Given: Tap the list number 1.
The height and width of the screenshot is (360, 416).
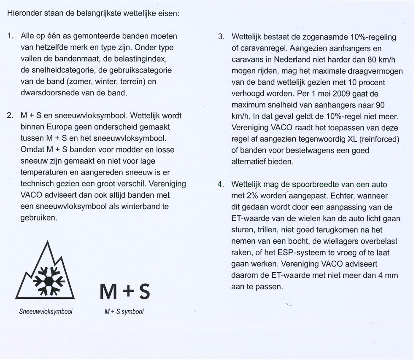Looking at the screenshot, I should click(10, 37).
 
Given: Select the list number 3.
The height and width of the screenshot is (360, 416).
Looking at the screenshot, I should click(221, 37).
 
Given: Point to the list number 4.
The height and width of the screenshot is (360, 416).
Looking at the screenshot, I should click(221, 185).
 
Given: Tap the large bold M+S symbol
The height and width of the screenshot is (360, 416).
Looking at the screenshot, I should click(124, 291).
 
